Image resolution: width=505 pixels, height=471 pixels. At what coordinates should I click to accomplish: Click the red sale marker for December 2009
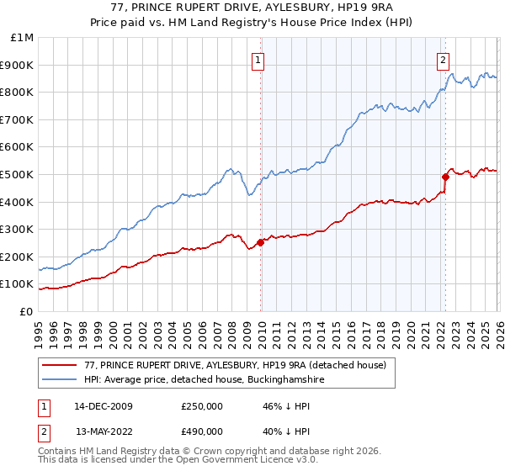pyautogui.click(x=260, y=242)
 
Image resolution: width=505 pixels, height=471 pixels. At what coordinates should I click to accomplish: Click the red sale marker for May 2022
pyautogui.click(x=445, y=177)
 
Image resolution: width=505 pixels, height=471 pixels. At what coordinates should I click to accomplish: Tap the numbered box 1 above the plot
pyautogui.click(x=257, y=60)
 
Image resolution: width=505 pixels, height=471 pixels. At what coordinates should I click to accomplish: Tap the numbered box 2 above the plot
pyautogui.click(x=443, y=60)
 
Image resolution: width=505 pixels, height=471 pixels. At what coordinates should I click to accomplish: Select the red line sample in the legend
pyautogui.click(x=60, y=365)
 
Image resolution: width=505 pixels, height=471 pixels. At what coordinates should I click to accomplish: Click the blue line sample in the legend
pyautogui.click(x=60, y=380)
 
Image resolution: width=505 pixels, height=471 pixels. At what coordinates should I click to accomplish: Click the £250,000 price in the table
pyautogui.click(x=202, y=406)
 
